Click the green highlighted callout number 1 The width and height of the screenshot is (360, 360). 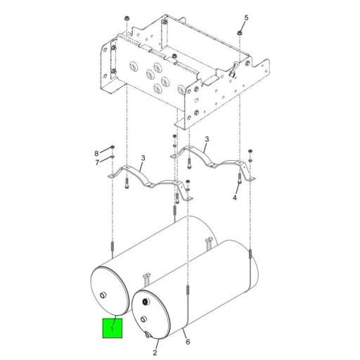coord(112,329)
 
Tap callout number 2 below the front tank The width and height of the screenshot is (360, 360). coord(155,352)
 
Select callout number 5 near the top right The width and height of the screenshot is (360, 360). coord(246,18)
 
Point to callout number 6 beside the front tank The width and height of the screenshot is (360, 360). coord(188,342)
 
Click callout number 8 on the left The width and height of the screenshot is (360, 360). coord(96,153)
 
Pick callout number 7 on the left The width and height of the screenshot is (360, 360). coord(97,162)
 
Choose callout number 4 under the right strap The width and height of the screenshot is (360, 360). coord(235,198)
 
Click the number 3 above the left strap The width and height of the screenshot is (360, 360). coord(143,158)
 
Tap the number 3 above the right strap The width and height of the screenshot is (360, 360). coord(207,139)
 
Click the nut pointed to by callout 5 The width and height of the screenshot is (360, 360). coord(239,33)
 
